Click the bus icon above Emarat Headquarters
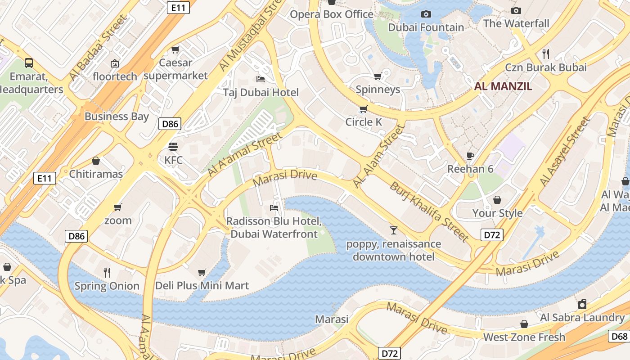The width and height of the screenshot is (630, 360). (x=29, y=63)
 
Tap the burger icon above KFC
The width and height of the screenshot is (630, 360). (x=173, y=147)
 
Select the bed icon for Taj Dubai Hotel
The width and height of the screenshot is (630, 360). (x=260, y=79)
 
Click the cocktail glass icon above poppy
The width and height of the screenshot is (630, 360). (x=394, y=230)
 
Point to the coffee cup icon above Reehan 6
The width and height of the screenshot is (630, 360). (x=470, y=156)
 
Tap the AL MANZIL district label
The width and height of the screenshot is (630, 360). (x=504, y=86)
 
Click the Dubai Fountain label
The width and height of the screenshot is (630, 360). (x=426, y=27)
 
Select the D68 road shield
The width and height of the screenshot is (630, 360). (x=619, y=336)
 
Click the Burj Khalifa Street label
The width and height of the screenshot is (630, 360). (x=429, y=211)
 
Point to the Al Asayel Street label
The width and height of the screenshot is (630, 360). (x=565, y=151)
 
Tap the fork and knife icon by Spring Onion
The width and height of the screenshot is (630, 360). (x=107, y=272)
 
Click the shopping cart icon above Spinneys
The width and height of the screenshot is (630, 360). (x=378, y=76)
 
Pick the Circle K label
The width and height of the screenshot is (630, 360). (x=364, y=122)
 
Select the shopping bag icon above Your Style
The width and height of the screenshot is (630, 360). (x=497, y=199)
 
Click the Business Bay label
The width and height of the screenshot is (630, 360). (x=117, y=116)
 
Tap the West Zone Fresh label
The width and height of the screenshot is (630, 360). (x=524, y=337)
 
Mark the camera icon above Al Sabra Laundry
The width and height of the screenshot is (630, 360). (x=582, y=304)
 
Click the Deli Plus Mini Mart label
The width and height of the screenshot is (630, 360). (x=202, y=285)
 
